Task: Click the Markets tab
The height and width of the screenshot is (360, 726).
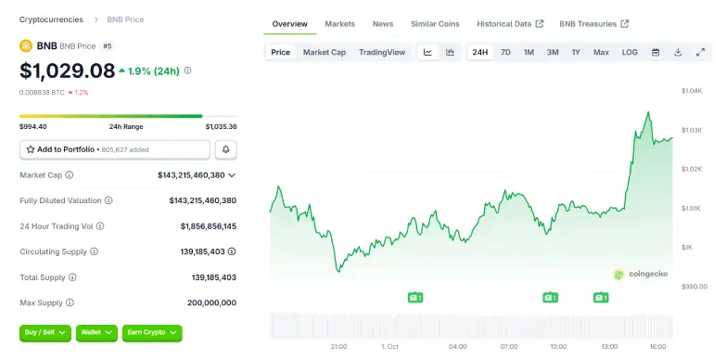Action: [x=339, y=23]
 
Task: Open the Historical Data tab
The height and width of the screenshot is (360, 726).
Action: [x=509, y=23]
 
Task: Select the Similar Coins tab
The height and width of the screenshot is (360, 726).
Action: [x=435, y=23]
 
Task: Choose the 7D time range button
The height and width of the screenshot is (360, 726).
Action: [x=505, y=52]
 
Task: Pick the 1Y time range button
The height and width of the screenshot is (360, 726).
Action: [x=576, y=52]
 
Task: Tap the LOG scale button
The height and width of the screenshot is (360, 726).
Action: [x=630, y=52]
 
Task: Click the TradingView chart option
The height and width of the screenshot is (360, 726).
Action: [x=382, y=52]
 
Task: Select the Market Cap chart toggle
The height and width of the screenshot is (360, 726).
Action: [x=325, y=52]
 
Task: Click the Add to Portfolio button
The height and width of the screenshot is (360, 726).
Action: [x=114, y=149]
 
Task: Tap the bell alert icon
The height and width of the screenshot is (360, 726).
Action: [x=225, y=149]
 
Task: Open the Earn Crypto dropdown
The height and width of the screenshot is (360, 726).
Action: [x=152, y=331]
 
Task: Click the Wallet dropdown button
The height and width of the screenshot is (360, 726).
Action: [x=96, y=331]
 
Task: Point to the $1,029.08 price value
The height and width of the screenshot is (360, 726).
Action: [x=68, y=71]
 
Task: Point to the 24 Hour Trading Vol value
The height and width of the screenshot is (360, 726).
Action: [x=208, y=225]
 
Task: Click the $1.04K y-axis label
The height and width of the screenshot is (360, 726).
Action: [x=692, y=91]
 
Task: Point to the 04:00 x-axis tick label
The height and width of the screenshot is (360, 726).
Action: [x=457, y=347]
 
